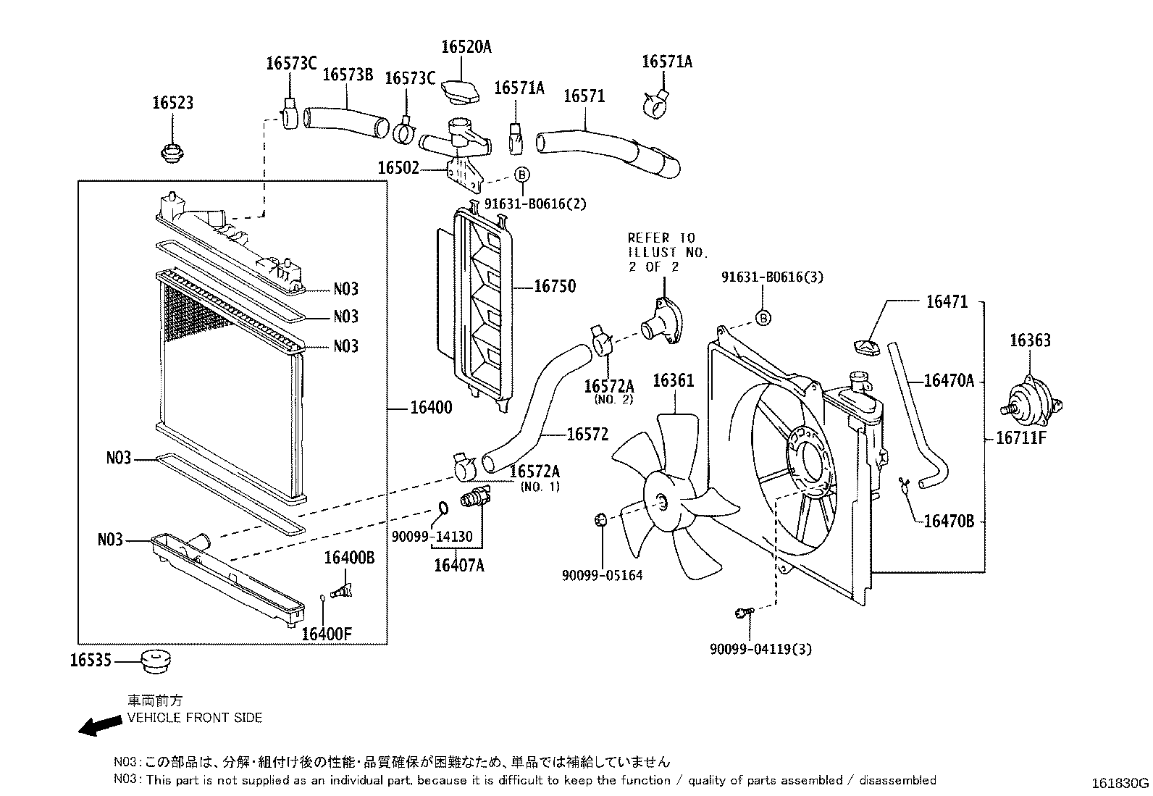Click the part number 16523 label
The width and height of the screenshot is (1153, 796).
pyautogui.click(x=172, y=103)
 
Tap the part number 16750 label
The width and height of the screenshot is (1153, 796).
pyautogui.click(x=555, y=286)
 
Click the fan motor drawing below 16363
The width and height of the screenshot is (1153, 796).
pyautogui.click(x=1028, y=401)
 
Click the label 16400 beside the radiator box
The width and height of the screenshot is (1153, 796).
pyautogui.click(x=431, y=408)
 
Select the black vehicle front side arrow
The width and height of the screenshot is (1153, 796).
pyautogui.click(x=99, y=726)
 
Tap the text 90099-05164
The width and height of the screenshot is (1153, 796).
pyautogui.click(x=602, y=576)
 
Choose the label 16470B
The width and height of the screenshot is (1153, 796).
pyautogui.click(x=949, y=521)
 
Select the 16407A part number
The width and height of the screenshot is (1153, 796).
pyautogui.click(x=458, y=566)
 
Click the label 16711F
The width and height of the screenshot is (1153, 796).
pyautogui.click(x=1021, y=437)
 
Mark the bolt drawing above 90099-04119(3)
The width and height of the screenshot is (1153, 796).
pyautogui.click(x=742, y=613)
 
